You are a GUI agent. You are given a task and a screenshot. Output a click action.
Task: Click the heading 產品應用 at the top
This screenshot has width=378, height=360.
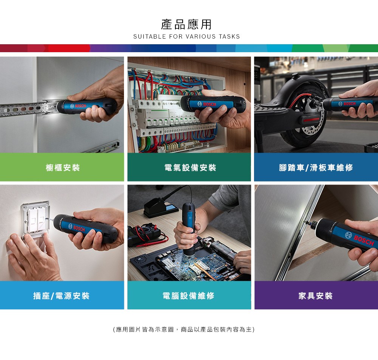click(186, 24)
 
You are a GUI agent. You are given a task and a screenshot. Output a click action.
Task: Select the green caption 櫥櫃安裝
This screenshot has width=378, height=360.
click(63, 168)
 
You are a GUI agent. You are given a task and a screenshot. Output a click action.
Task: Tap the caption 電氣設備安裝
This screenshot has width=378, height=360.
click(190, 168)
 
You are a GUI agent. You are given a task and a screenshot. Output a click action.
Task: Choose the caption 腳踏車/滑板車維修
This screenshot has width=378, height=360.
click(316, 168)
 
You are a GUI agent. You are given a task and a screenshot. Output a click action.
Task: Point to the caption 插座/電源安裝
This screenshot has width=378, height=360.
click(62, 296)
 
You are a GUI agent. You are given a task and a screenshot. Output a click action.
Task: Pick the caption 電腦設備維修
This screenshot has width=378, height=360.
click(189, 296)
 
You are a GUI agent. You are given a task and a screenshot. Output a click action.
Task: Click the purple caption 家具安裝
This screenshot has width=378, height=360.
click(316, 296)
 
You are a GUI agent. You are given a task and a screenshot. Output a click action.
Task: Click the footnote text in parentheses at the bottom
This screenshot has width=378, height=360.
click(184, 329)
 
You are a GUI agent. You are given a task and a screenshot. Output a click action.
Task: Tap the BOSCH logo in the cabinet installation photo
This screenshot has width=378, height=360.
click(78, 106)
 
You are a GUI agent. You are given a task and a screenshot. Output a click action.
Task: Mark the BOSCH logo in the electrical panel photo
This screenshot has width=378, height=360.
click(207, 104)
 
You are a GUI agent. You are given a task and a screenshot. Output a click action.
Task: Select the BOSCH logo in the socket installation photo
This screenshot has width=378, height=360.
click(77, 228)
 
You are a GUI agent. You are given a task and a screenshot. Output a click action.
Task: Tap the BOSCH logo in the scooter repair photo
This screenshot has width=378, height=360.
click(347, 104)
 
